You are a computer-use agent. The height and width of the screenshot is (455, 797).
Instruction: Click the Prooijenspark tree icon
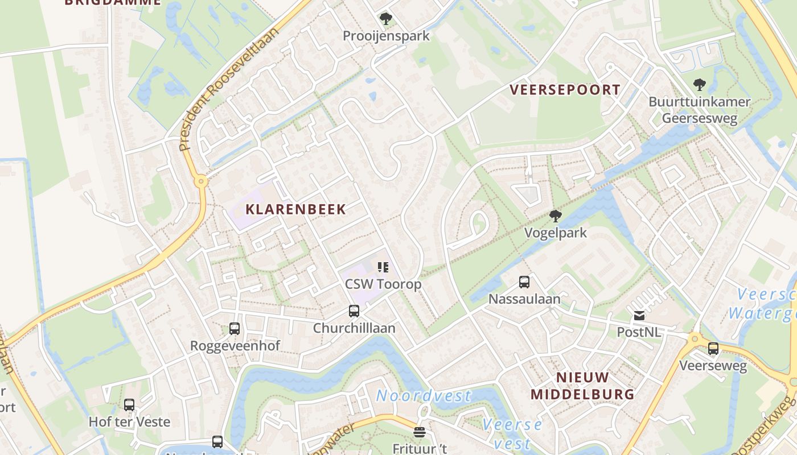[x=386, y=19]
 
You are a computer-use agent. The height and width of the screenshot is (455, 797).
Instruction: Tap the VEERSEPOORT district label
[x=565, y=90]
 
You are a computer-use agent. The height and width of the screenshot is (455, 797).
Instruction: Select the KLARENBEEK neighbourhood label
[x=295, y=209]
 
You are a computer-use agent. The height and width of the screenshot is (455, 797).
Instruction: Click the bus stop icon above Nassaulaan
[x=524, y=282]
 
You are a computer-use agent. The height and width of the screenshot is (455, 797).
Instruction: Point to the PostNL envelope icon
[x=639, y=315]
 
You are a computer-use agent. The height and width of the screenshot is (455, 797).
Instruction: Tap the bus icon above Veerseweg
[x=713, y=349]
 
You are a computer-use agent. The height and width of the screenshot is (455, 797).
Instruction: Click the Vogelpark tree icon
[x=555, y=216]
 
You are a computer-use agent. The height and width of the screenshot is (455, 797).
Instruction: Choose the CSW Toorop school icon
[x=383, y=267]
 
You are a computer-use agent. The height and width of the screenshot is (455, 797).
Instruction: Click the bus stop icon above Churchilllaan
[x=354, y=311]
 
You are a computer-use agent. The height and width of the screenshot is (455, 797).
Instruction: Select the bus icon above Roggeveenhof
[x=235, y=329]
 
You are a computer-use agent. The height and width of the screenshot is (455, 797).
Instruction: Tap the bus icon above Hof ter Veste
[x=129, y=405]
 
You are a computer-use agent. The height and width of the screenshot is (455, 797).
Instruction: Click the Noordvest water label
[x=424, y=395]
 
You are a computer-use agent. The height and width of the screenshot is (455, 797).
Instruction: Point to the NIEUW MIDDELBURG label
[x=582, y=386]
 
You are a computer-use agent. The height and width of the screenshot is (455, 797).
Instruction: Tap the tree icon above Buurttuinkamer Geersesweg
[x=700, y=85]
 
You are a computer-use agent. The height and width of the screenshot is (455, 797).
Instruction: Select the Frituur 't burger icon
[x=420, y=433]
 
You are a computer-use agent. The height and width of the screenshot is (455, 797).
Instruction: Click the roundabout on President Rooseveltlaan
[x=200, y=181]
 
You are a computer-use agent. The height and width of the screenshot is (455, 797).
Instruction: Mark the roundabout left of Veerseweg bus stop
[x=694, y=340]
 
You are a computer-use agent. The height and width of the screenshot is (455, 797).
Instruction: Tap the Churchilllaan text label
[x=354, y=328]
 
